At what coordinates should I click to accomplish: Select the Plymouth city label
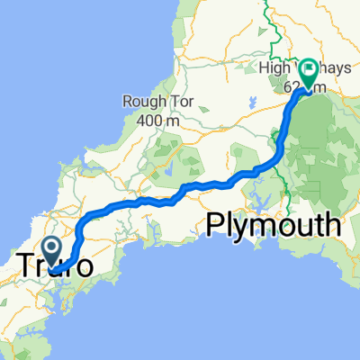[274, 224]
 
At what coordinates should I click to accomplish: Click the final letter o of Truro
[82, 268]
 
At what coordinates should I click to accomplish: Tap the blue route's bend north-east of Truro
[84, 220]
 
